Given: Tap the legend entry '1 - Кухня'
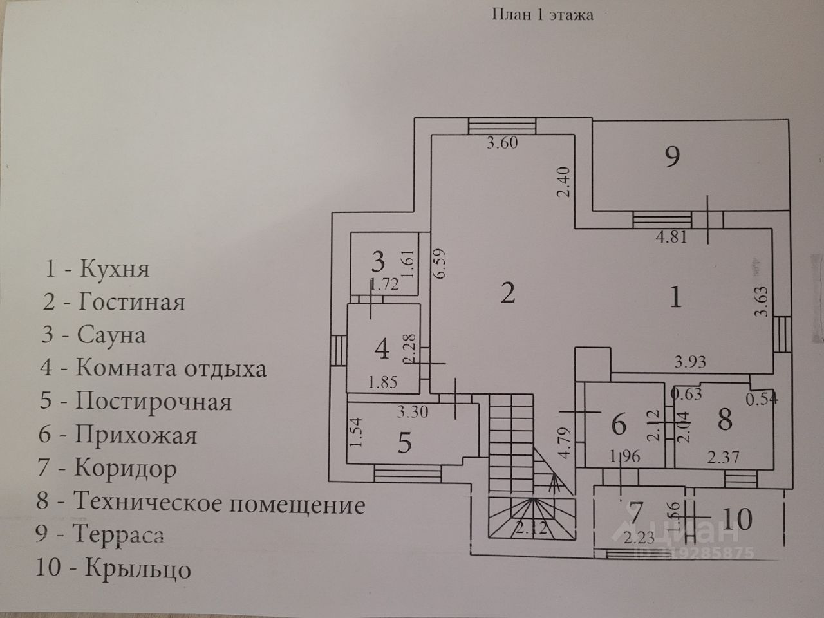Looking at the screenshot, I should [x=97, y=268].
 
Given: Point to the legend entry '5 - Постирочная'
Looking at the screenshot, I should [x=135, y=402].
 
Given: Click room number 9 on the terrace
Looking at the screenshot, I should [x=671, y=156].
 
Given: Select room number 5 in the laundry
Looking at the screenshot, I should [x=404, y=444].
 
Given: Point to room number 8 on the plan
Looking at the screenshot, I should [x=725, y=420].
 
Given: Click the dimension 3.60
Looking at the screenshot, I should [x=502, y=144].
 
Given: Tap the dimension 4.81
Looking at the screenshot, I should [x=671, y=237].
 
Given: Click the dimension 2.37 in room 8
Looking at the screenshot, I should [x=723, y=458].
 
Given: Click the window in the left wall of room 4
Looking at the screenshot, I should [x=339, y=351].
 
